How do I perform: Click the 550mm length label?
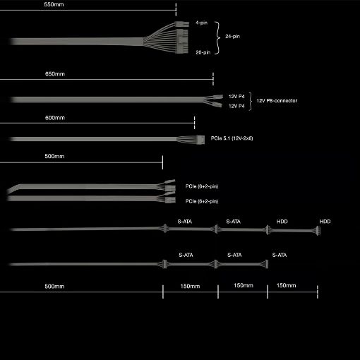pyautogui.click(x=54, y=4)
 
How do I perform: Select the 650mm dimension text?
pyautogui.click(x=55, y=74)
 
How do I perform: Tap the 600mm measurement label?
pyautogui.click(x=55, y=118)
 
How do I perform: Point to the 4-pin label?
pyautogui.click(x=201, y=23)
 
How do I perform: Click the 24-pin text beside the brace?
pyautogui.click(x=232, y=36)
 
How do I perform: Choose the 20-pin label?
pyautogui.click(x=203, y=52)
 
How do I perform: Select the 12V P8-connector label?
pyautogui.click(x=277, y=101)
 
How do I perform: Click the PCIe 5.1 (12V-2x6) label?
pyautogui.click(x=232, y=138)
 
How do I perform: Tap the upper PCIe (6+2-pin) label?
pyautogui.click(x=202, y=186)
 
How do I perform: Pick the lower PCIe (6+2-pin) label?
pyautogui.click(x=202, y=201)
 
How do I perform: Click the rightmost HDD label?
pyautogui.click(x=325, y=222)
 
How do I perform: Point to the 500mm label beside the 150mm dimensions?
pyautogui.click(x=54, y=287)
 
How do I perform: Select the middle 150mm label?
pyautogui.click(x=244, y=285)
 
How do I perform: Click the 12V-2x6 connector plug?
pyautogui.click(x=201, y=140)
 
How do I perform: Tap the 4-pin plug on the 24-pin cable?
pyautogui.click(x=182, y=24)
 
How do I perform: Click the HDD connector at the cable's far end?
pyautogui.click(x=318, y=231)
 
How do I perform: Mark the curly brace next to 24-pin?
pyautogui.click(x=217, y=38)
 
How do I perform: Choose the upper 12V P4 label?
pyautogui.click(x=236, y=97)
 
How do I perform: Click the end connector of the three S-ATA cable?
pyautogui.click(x=266, y=264)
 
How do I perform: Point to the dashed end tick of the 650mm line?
pyautogui.click(x=213, y=79)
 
